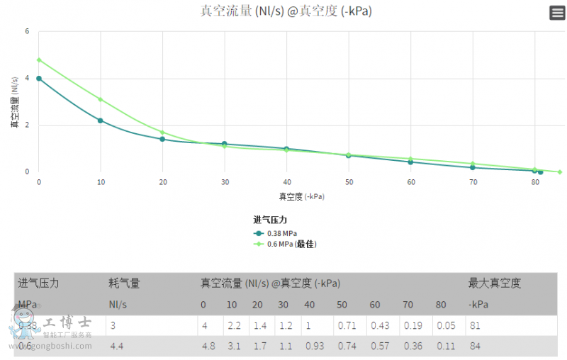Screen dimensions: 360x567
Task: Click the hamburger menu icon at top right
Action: point(557,13)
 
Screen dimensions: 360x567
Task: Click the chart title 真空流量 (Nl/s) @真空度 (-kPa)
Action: point(286,11)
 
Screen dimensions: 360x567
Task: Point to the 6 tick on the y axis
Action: point(27,31)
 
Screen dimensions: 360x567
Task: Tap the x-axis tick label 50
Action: point(349,183)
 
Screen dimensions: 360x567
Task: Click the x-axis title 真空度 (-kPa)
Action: point(301,196)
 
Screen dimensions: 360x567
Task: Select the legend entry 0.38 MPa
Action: point(281,233)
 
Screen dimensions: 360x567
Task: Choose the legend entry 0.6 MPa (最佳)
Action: point(291,244)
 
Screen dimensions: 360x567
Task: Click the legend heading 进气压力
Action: point(270,220)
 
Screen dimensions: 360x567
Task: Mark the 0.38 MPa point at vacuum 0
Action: point(39,79)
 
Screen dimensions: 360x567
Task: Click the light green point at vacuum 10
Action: point(101,99)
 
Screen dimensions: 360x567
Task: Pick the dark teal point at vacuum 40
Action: point(286,149)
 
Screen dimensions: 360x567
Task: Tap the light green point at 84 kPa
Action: point(559,171)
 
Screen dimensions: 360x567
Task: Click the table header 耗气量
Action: point(124,283)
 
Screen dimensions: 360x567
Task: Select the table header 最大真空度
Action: point(494,283)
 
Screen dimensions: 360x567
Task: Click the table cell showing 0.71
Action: point(346,326)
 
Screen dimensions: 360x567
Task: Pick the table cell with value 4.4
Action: point(117,347)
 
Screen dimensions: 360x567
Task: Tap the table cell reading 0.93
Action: point(315,347)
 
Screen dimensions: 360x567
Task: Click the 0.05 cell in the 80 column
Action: point(446,326)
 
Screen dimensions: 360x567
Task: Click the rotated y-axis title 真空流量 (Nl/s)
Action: point(14,102)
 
